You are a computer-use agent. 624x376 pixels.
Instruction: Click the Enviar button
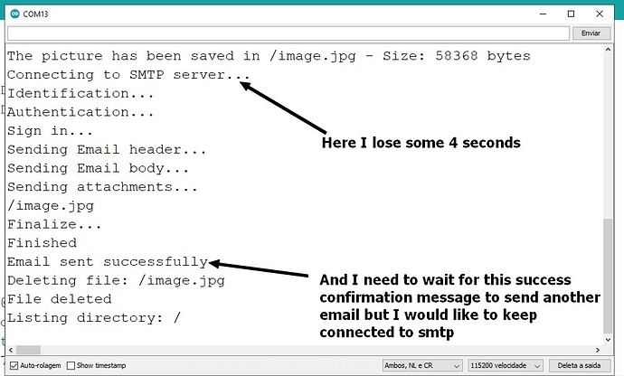(x=590, y=33)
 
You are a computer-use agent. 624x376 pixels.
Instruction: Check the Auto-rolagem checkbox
(x=12, y=365)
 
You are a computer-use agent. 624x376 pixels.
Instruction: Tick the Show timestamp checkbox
(x=71, y=365)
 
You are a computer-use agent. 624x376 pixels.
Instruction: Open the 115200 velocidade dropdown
(x=506, y=365)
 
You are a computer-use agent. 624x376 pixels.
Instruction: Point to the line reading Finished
(x=42, y=242)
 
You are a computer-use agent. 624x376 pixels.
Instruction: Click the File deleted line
(x=59, y=298)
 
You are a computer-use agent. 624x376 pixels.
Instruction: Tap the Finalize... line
(x=54, y=224)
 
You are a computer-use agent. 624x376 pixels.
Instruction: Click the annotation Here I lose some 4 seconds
(x=421, y=143)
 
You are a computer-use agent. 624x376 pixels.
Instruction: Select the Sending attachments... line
(x=102, y=186)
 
